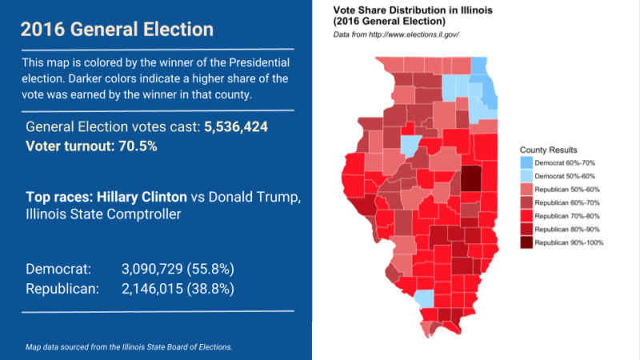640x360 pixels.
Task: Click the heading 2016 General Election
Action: [117, 30]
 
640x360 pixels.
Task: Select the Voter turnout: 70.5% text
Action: [91, 146]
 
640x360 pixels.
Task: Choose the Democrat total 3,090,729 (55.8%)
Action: [178, 269]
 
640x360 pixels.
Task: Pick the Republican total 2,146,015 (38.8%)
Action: [178, 288]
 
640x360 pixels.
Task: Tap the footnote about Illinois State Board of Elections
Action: [129, 346]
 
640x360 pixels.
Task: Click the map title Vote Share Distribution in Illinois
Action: [413, 10]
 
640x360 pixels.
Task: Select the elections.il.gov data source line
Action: [396, 35]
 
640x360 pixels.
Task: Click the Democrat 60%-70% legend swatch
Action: [526, 162]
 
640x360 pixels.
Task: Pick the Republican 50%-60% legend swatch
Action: [526, 189]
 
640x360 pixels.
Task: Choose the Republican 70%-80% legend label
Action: [566, 215]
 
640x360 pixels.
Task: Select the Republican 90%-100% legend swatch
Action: [526, 242]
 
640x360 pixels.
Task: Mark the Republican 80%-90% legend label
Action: [566, 229]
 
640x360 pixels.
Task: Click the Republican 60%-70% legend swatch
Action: [526, 202]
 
